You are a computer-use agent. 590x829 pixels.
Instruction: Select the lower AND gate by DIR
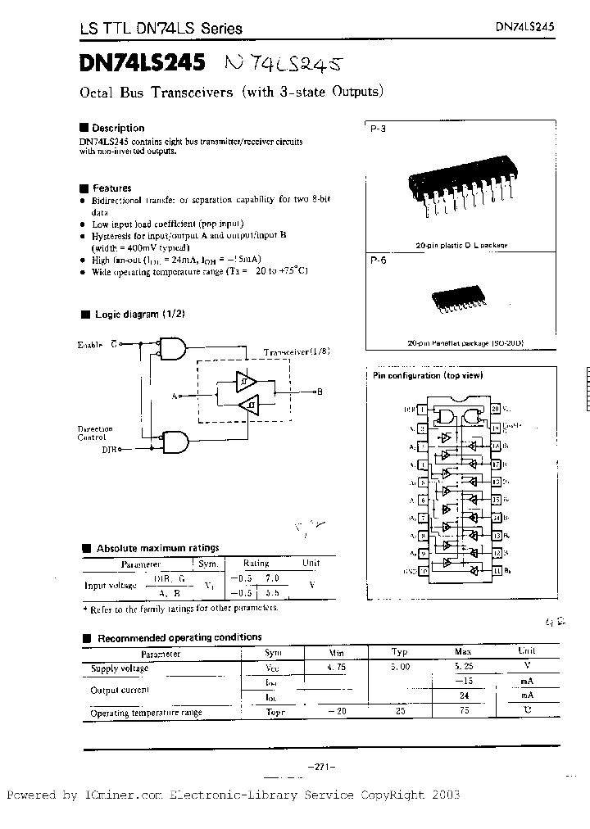174,442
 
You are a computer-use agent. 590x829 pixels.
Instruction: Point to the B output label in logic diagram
320,392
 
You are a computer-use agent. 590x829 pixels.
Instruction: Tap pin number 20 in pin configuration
496,408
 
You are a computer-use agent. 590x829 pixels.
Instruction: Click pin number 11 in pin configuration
496,570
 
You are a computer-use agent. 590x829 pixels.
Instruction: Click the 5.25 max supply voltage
463,668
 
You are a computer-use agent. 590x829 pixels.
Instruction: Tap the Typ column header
399,653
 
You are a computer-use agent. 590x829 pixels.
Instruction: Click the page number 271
315,766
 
